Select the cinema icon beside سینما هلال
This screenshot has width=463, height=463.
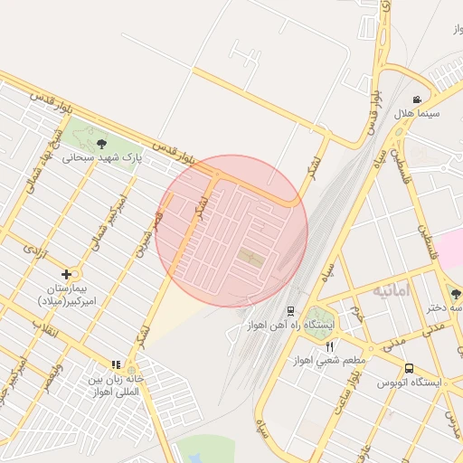(416, 99)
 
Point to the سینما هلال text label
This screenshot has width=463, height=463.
(416, 114)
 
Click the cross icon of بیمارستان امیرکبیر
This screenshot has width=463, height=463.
(66, 273)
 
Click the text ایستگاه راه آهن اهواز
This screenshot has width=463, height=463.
(322, 324)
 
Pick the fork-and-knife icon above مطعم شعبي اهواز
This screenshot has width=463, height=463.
(329, 345)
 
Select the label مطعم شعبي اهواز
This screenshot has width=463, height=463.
(327, 360)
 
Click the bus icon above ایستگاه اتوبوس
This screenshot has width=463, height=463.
(410, 368)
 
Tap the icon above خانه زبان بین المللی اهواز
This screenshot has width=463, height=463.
(116, 364)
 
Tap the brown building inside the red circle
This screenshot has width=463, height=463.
(250, 259)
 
